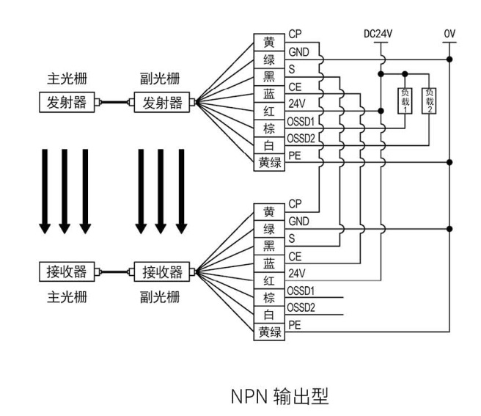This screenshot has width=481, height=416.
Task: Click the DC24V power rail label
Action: (x=379, y=34)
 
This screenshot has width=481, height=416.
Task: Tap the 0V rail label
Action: (x=449, y=34)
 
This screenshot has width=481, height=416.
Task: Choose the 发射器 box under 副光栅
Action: (x=161, y=102)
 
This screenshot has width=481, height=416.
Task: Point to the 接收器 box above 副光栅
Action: (x=161, y=272)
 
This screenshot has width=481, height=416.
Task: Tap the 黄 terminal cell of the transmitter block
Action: (x=269, y=43)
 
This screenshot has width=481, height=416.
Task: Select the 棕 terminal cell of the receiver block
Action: (x=269, y=298)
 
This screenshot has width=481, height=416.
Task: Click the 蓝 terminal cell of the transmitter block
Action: (x=269, y=94)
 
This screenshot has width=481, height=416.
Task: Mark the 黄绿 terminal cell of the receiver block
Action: (x=269, y=332)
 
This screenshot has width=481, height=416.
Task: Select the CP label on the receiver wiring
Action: (x=295, y=203)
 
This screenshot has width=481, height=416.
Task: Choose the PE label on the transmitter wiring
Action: (x=295, y=155)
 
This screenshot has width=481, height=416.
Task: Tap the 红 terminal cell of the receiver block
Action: (x=269, y=281)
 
